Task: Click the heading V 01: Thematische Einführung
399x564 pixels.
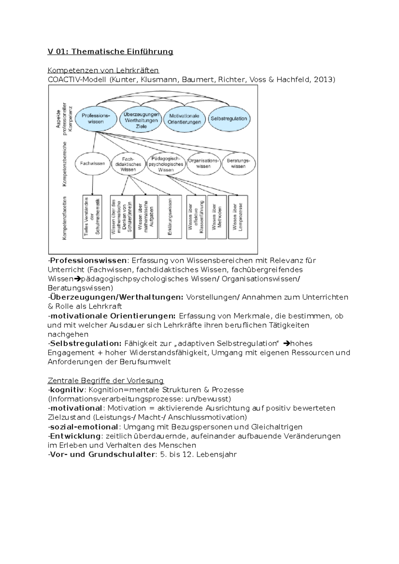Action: tap(110, 51)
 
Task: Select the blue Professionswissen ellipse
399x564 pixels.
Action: tap(96, 119)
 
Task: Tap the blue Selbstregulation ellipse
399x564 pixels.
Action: tap(229, 119)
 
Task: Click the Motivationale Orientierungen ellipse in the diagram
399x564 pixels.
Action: tap(184, 119)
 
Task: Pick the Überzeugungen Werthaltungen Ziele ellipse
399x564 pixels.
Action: tap(141, 120)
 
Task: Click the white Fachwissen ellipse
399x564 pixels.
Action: tap(92, 163)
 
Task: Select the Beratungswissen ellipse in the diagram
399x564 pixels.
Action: tap(238, 163)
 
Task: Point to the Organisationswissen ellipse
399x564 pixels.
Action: tap(203, 163)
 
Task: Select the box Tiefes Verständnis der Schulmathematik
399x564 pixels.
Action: tap(92, 217)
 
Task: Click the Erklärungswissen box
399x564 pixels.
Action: tap(170, 217)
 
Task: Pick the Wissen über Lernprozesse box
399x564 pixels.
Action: tap(238, 217)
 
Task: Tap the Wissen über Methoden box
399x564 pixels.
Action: tap(217, 217)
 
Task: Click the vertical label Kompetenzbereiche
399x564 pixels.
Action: tap(65, 164)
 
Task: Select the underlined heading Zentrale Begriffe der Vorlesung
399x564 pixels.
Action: tap(106, 380)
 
